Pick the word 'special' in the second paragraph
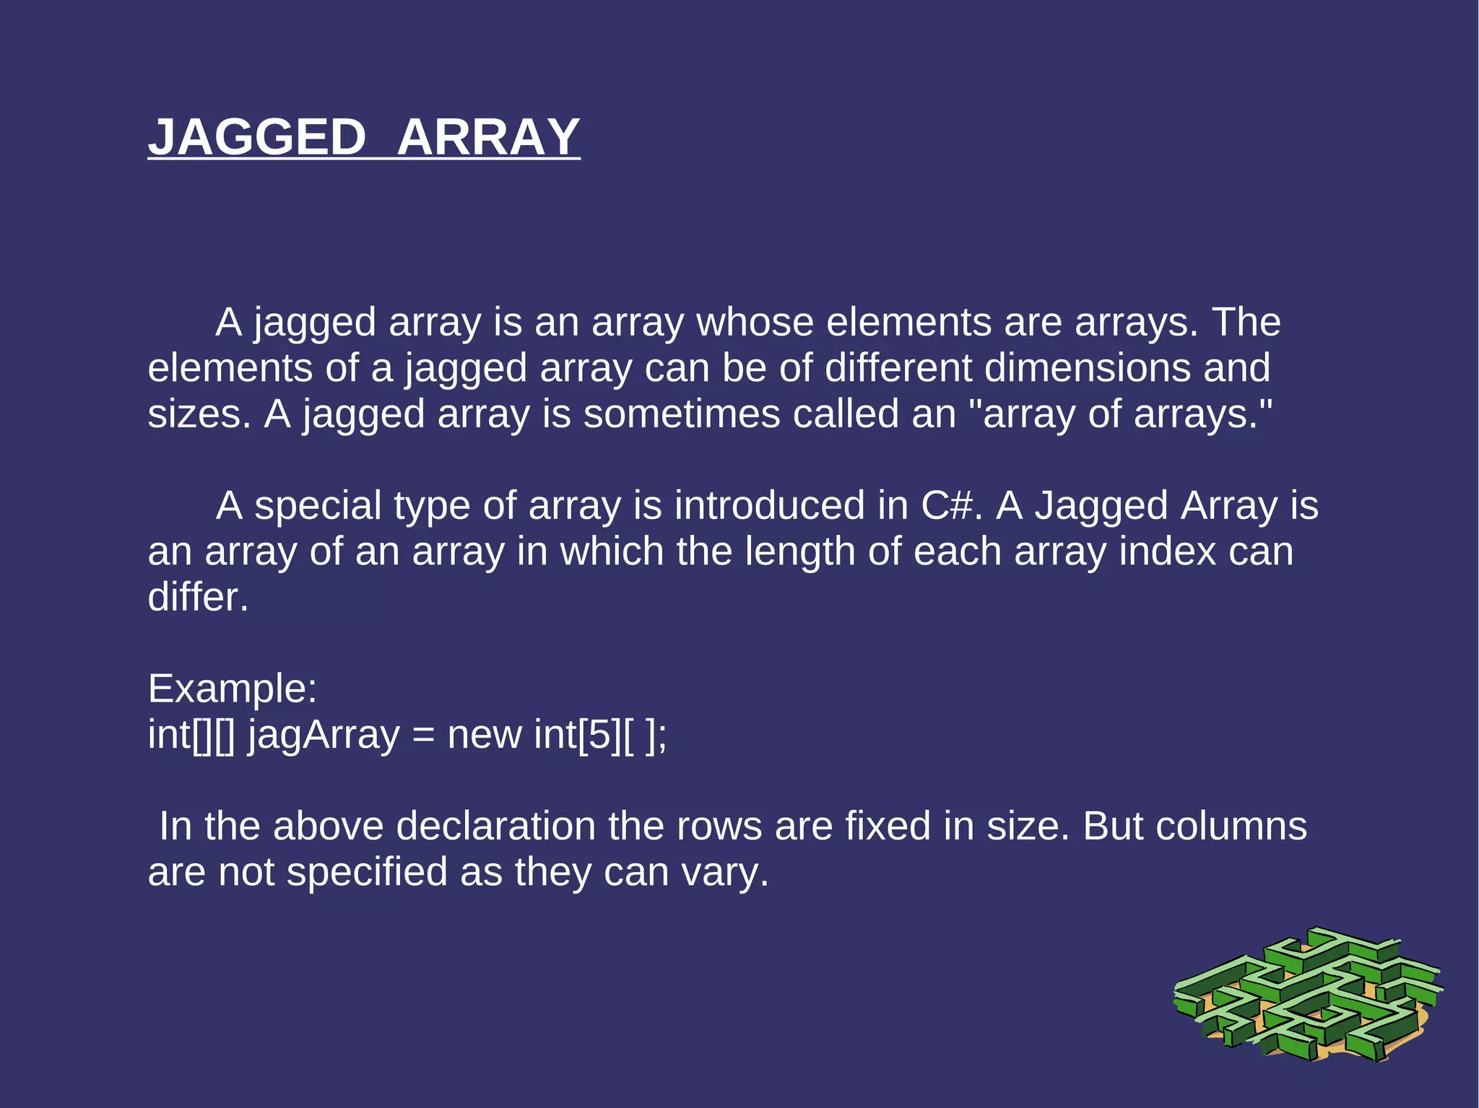point(318,506)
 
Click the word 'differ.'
point(198,598)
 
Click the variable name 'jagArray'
point(324,736)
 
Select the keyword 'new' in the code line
point(485,736)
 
